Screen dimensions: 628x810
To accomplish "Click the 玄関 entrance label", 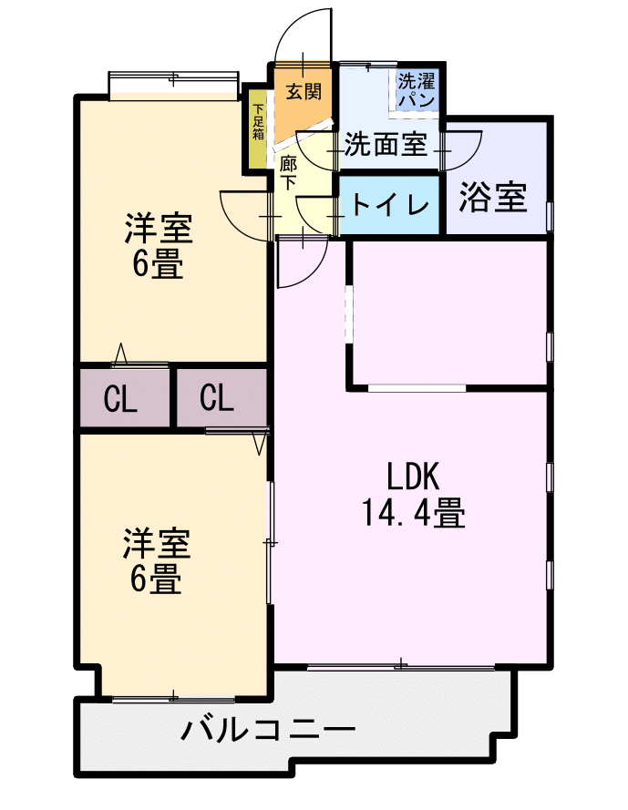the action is [x=304, y=91].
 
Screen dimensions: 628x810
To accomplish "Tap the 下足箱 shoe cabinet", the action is [x=257, y=129].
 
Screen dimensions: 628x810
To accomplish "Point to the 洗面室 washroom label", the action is [x=386, y=144].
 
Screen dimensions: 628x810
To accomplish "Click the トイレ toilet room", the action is [x=389, y=205].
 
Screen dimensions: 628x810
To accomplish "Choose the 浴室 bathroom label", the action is [x=493, y=198].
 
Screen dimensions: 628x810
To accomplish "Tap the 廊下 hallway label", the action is [x=288, y=173].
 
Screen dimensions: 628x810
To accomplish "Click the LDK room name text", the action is [x=414, y=477].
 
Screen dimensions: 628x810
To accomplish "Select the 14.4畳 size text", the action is [x=413, y=512].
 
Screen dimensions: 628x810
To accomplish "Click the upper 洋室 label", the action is [x=159, y=229].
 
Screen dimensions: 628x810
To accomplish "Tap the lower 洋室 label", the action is [x=157, y=543].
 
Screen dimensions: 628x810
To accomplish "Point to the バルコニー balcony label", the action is [x=268, y=730].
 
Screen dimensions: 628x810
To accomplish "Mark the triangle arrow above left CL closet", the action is [x=120, y=354].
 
